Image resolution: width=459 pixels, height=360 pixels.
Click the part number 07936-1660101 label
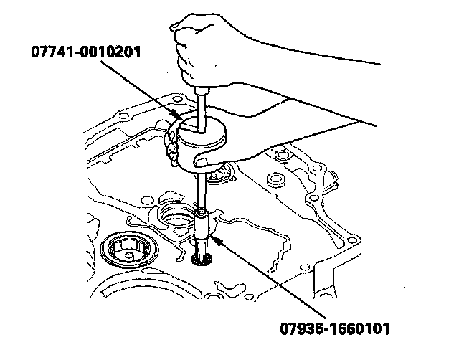334,330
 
